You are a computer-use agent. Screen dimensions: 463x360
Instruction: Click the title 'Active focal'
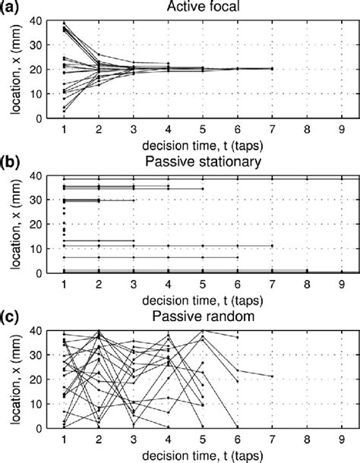click(x=201, y=8)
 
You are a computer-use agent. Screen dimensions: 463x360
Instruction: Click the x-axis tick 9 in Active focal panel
click(x=342, y=129)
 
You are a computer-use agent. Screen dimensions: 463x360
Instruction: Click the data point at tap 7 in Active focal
click(x=272, y=68)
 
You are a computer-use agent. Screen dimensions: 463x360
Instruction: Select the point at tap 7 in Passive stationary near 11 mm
click(x=272, y=245)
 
